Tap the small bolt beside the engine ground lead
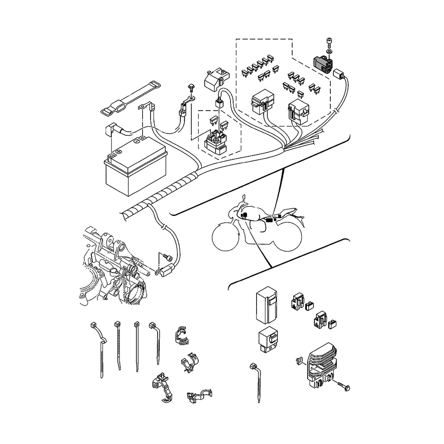tap(166, 257)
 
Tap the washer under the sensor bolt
tap(329, 52)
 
